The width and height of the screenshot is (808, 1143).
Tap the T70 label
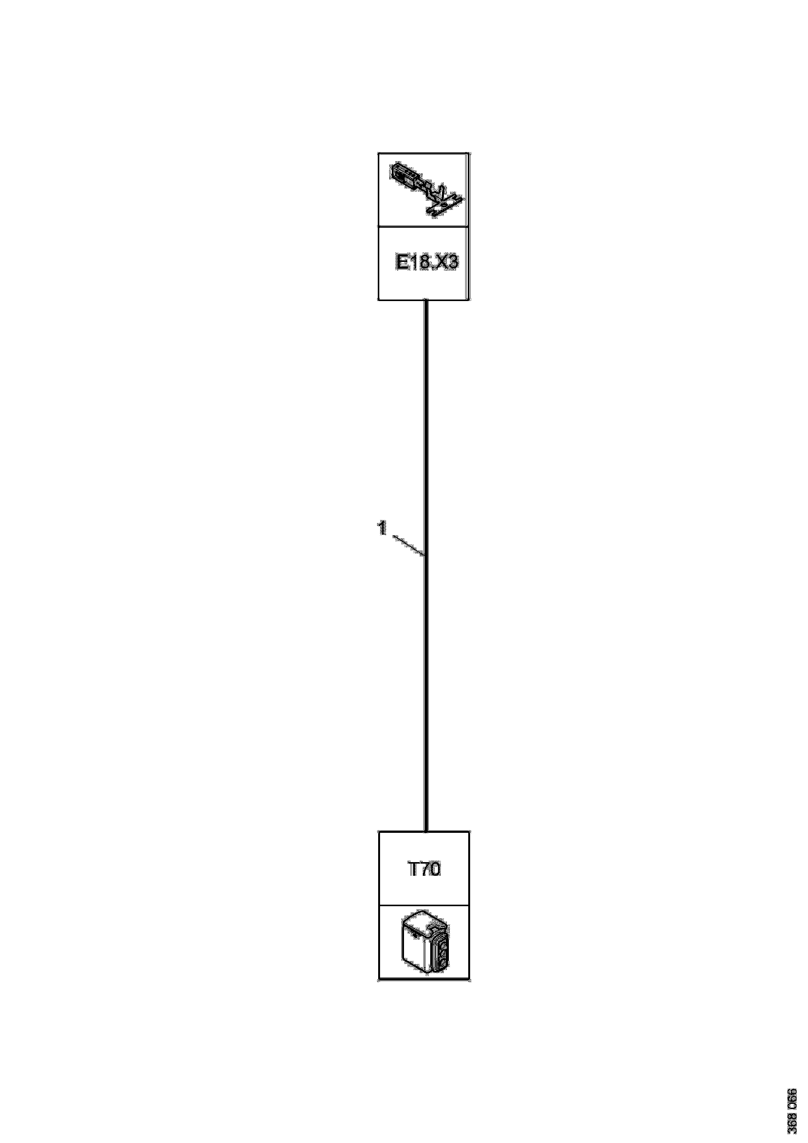click(424, 870)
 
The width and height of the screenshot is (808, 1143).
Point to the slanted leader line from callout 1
click(409, 545)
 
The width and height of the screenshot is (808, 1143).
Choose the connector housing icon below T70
click(424, 942)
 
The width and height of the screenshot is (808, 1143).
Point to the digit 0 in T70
click(434, 870)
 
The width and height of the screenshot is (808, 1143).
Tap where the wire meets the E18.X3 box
click(426, 300)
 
